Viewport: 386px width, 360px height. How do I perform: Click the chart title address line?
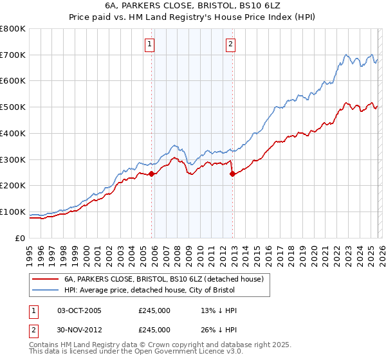(192, 6)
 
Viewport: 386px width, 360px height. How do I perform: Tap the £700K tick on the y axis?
(13, 55)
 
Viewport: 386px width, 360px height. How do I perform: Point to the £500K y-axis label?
(13, 107)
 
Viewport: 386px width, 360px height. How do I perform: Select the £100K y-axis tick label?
(13, 212)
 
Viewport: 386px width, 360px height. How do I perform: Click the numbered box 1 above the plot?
(149, 44)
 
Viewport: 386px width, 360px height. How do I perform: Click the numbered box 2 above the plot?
(230, 44)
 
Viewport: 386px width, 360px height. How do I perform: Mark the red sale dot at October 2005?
(152, 174)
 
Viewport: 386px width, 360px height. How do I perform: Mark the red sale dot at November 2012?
(232, 174)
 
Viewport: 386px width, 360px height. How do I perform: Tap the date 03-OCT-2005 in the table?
(79, 310)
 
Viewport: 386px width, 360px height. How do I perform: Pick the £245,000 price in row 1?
(154, 310)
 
